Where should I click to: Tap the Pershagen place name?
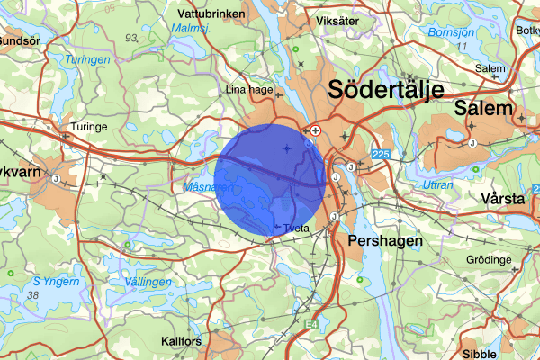pyautogui.click(x=380, y=242)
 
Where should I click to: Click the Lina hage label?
pyautogui.click(x=247, y=90)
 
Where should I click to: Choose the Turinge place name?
pyautogui.click(x=90, y=127)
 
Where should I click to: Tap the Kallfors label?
pyautogui.click(x=180, y=341)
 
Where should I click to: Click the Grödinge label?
pyautogui.click(x=489, y=260)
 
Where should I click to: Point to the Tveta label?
pyautogui.click(x=296, y=229)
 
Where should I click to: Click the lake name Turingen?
pyautogui.click(x=87, y=59)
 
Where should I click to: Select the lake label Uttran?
pyautogui.click(x=438, y=184)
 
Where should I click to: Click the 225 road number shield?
pyautogui.click(x=381, y=155)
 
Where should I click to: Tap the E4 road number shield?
pyautogui.click(x=311, y=323)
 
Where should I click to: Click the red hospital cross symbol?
pyautogui.click(x=315, y=130)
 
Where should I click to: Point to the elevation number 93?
pyautogui.click(x=132, y=38)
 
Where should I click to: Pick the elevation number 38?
pyautogui.click(x=34, y=295)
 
